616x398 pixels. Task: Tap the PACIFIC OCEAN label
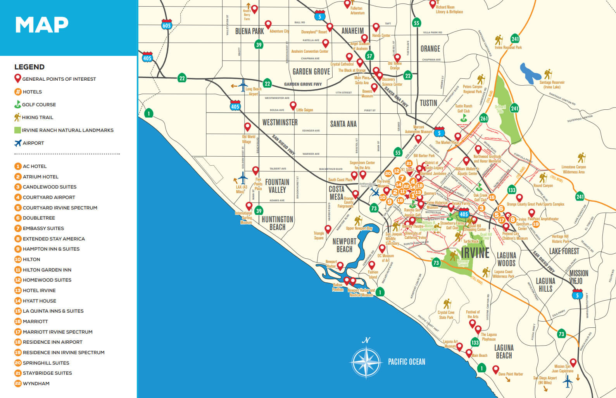406,362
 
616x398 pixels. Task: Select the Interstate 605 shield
166,24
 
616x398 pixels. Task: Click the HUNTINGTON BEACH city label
277,223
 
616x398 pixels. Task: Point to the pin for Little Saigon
293,105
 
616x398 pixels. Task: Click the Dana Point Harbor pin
495,369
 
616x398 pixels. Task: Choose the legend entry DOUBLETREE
39,218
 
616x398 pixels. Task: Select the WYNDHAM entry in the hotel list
36,383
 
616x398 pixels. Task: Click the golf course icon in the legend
17,104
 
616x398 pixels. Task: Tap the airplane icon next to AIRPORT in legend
18,143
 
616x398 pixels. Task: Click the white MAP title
41,25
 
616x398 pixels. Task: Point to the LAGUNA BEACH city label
504,351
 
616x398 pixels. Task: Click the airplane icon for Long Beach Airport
243,85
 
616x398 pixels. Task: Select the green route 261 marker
484,118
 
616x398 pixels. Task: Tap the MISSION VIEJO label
578,277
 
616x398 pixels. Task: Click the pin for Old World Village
247,126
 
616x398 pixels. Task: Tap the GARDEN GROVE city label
311,71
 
